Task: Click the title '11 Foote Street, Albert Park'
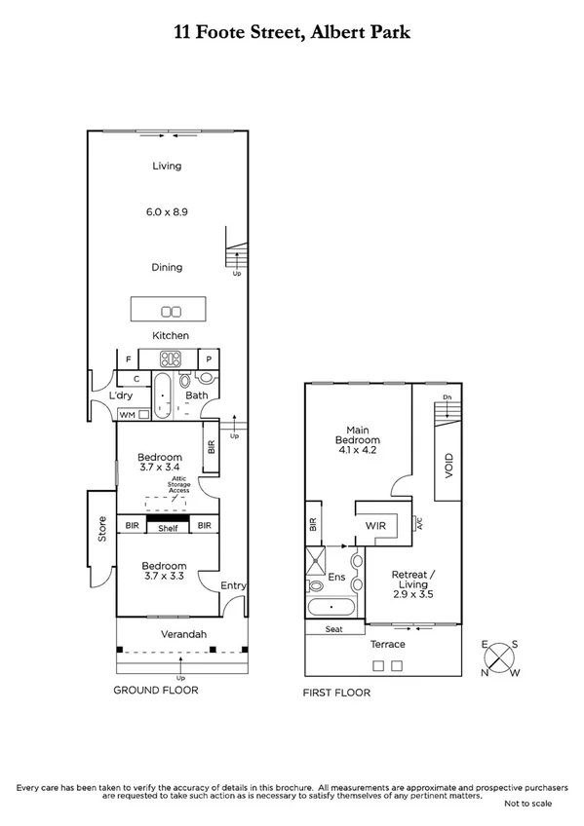(x=292, y=32)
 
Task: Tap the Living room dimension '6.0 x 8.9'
(x=167, y=209)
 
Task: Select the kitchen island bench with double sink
(x=172, y=311)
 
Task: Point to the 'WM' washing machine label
(x=126, y=415)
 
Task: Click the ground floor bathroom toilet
(x=206, y=378)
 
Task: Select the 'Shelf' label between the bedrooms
(x=168, y=527)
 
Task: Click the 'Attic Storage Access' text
(x=179, y=484)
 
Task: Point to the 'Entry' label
(x=233, y=585)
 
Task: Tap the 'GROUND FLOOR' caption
(x=156, y=690)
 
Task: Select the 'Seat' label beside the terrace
(x=333, y=629)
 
